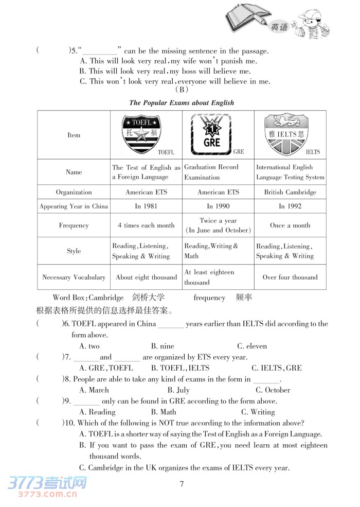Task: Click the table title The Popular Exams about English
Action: pos(182,102)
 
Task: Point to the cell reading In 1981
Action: pos(146,206)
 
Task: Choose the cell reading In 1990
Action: pos(218,206)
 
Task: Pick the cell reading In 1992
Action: pos(290,206)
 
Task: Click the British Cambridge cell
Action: pos(290,192)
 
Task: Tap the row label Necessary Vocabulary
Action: pos(74,277)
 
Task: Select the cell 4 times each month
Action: pos(146,225)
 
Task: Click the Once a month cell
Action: pos(290,225)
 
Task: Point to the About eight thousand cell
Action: pos(146,277)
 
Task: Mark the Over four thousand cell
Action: pos(290,277)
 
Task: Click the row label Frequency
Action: pos(74,225)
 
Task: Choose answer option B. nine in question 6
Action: pos(163,346)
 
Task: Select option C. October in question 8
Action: pos(273,390)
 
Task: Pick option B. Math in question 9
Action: pos(164,412)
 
